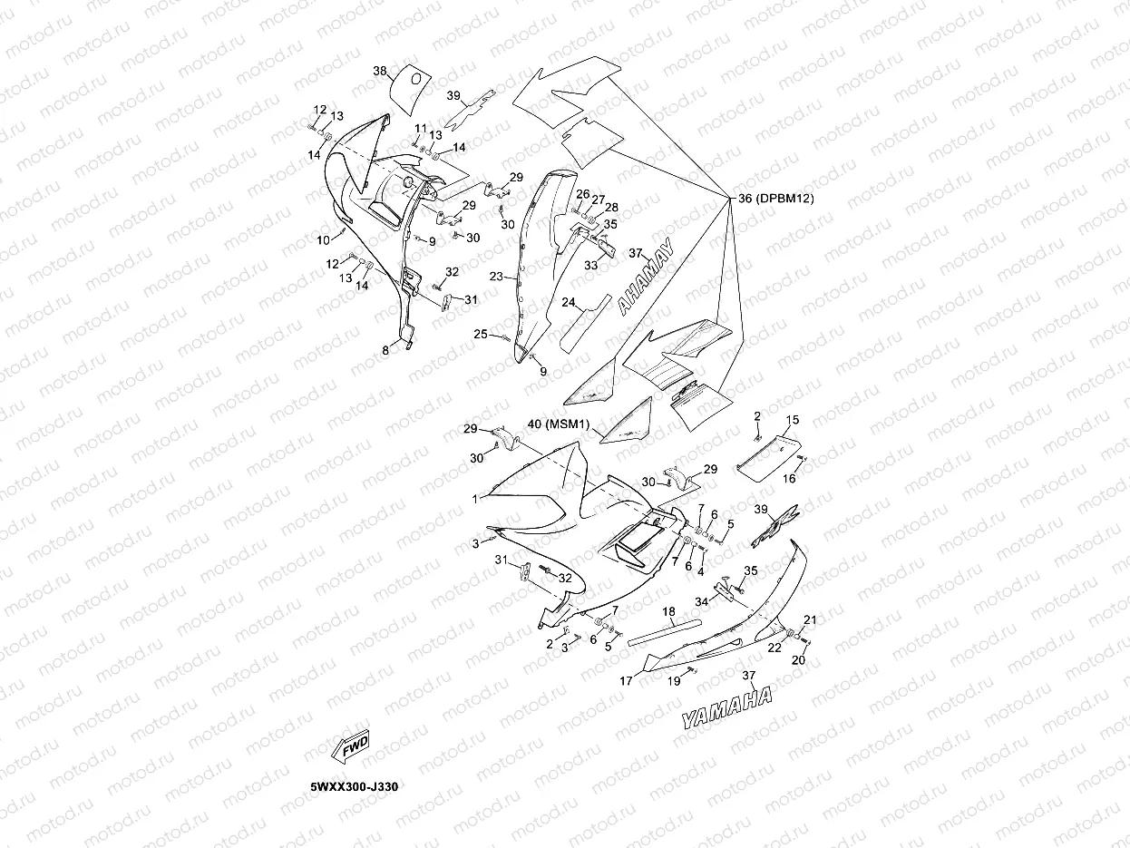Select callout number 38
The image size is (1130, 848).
[x=380, y=70]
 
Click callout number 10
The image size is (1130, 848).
[x=323, y=240]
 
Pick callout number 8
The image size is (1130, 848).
[x=385, y=349]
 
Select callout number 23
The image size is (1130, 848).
[x=496, y=276]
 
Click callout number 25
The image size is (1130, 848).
[x=481, y=335]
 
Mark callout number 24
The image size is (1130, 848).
[x=569, y=302]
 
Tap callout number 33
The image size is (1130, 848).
[x=590, y=266]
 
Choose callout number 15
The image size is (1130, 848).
[x=792, y=420]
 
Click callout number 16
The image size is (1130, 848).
[x=789, y=478]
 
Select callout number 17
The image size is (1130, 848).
[x=626, y=680]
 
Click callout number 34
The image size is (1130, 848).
[x=702, y=600]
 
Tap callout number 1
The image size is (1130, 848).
[x=474, y=499]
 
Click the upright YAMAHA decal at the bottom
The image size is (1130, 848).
[x=727, y=707]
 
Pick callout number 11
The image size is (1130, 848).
[x=421, y=128]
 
